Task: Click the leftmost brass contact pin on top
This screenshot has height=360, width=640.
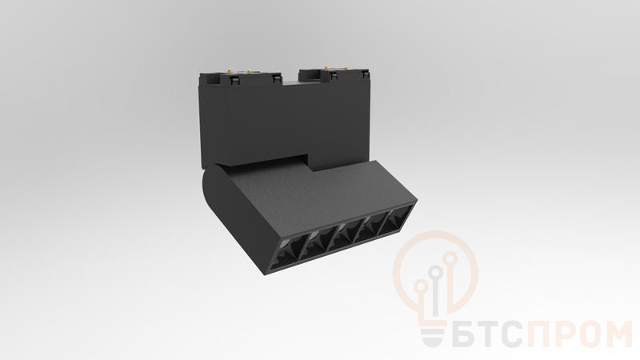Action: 230,70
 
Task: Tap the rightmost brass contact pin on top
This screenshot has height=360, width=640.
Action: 346,67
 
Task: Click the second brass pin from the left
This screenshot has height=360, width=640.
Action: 248,70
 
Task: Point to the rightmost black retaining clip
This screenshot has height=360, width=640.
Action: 365,74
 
